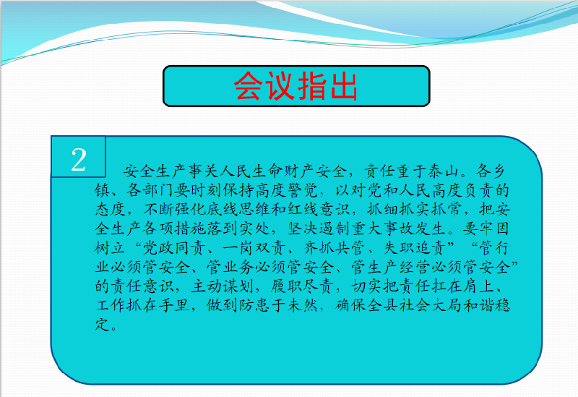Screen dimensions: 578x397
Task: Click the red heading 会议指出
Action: [296, 86]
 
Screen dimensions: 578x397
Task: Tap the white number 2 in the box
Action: [79, 160]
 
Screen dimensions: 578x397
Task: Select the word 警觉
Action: [303, 190]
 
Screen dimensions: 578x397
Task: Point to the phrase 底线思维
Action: [238, 210]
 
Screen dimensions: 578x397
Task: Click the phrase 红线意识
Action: [319, 210]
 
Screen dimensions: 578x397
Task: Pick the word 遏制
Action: [335, 229]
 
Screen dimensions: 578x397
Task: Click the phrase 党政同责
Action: [174, 248]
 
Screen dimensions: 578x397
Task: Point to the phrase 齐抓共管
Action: [335, 248]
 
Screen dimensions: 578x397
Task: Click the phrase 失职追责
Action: [415, 248]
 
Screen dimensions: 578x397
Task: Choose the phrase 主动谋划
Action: [223, 286]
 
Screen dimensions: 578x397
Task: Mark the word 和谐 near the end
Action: [479, 305]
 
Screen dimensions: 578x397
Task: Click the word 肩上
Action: [479, 286]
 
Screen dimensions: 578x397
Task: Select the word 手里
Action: [174, 305]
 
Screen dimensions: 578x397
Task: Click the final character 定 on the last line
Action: [102, 325]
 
